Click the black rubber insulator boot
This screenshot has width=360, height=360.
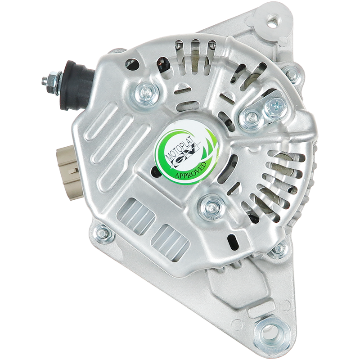[77, 85]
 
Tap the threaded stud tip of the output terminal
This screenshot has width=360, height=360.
[44, 81]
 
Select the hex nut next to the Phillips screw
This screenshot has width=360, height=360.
[252, 118]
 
